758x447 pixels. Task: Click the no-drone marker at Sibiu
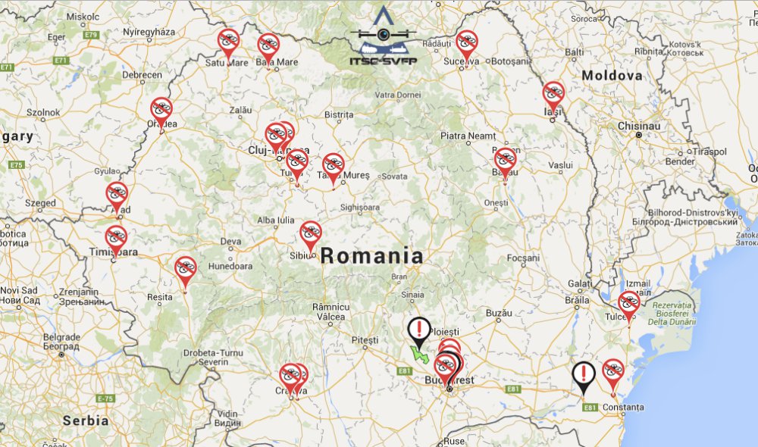point(311,233)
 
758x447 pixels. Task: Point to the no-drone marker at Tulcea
point(628,303)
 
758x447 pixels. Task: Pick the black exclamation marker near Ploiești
point(418,329)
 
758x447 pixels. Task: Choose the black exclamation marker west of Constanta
point(583,374)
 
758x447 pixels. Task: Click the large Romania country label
point(371,255)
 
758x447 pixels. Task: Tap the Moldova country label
point(612,76)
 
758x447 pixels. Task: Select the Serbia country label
point(86,420)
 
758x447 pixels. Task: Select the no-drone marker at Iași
point(553,94)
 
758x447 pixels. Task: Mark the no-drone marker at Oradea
point(161,110)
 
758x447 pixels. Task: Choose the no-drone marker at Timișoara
point(116,238)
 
